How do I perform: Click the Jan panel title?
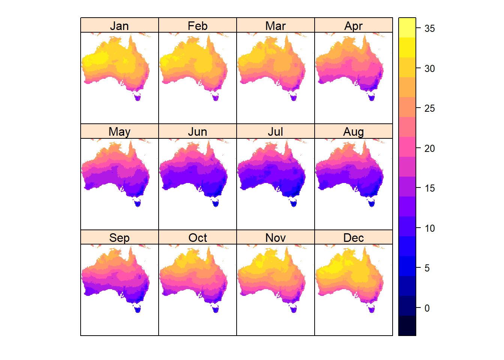coord(119,26)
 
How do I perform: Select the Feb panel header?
coord(197,26)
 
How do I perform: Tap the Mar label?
coord(275,26)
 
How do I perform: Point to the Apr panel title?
coord(353,26)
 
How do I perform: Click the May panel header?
coord(119,132)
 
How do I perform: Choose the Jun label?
coord(197,132)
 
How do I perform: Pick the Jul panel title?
coord(275,132)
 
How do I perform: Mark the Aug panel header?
coord(353,132)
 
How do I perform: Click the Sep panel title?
coord(119,238)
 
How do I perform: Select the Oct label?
coord(197,238)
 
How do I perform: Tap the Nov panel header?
coord(275,238)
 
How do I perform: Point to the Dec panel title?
coord(353,238)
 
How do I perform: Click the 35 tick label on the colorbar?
coord(429,28)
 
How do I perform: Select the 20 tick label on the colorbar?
coord(429,148)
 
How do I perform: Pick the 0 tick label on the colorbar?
coord(427,308)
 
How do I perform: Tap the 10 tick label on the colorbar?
coord(429,228)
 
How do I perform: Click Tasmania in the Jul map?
coord(293,204)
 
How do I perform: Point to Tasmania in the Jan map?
coord(138,98)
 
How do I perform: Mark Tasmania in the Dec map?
coord(372,309)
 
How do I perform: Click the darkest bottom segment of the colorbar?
coord(407,325)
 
